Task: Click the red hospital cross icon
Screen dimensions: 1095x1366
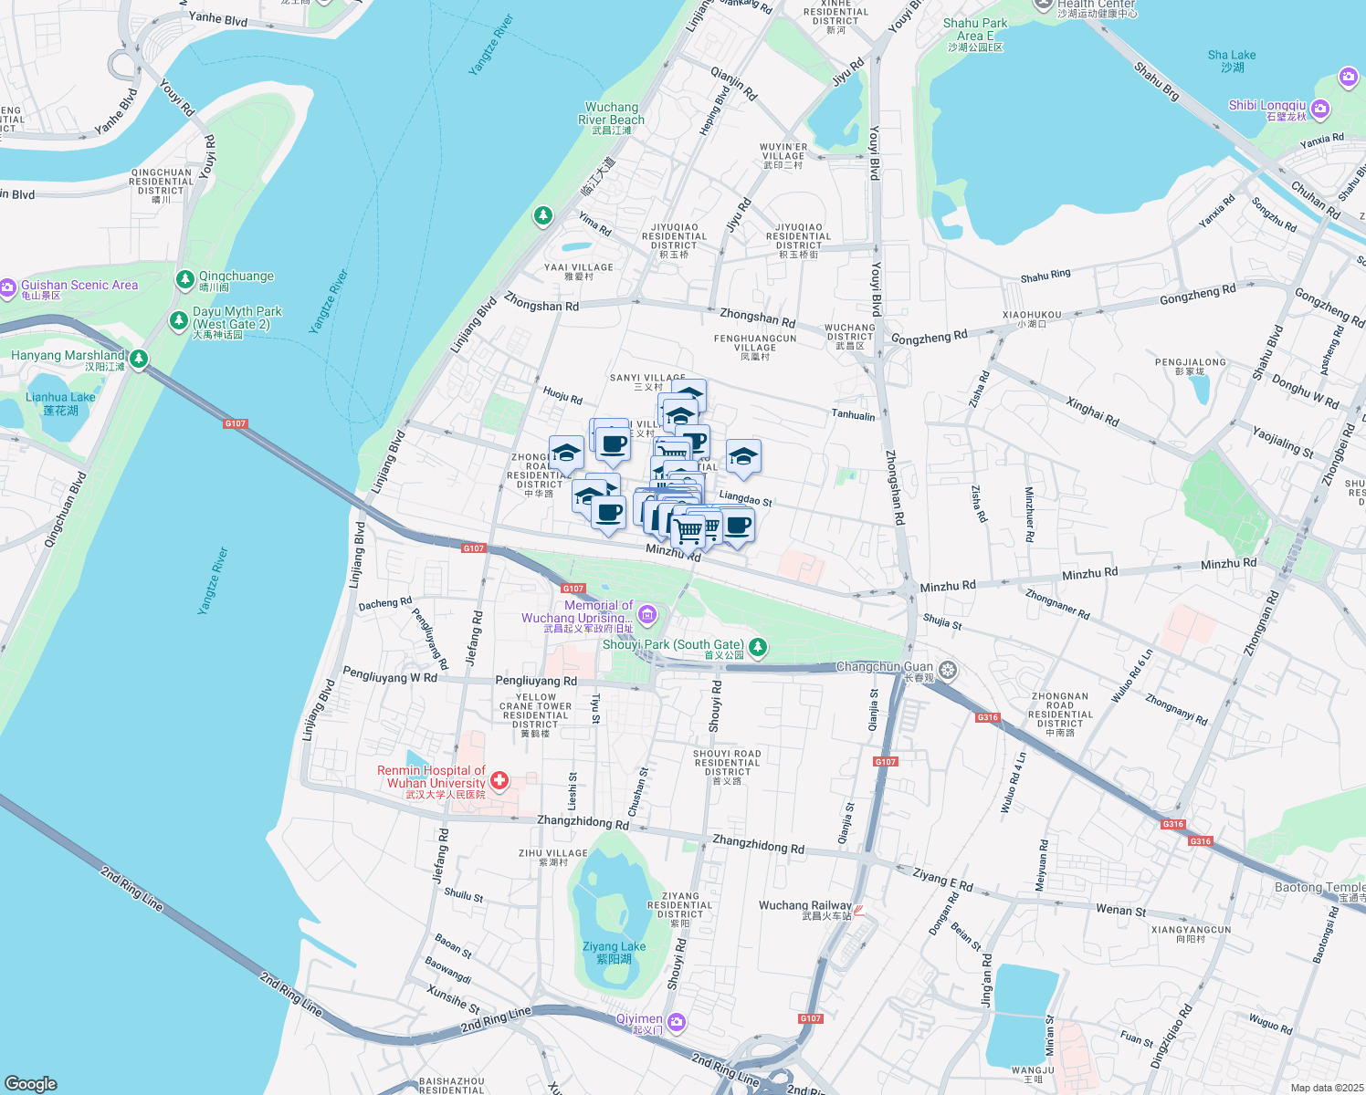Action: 499,780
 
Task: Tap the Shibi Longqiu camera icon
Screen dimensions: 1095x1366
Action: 1319,109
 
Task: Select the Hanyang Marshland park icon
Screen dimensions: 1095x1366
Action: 139,359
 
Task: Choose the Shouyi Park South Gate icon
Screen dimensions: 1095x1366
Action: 757,648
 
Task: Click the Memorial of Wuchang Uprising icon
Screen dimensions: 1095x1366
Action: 647,614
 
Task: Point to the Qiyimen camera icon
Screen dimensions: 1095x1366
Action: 676,1022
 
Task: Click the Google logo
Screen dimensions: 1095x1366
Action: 30,1083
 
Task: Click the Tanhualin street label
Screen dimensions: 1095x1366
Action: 853,415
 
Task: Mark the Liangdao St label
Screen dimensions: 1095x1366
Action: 745,497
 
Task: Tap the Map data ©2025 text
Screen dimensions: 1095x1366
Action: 1327,1088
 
